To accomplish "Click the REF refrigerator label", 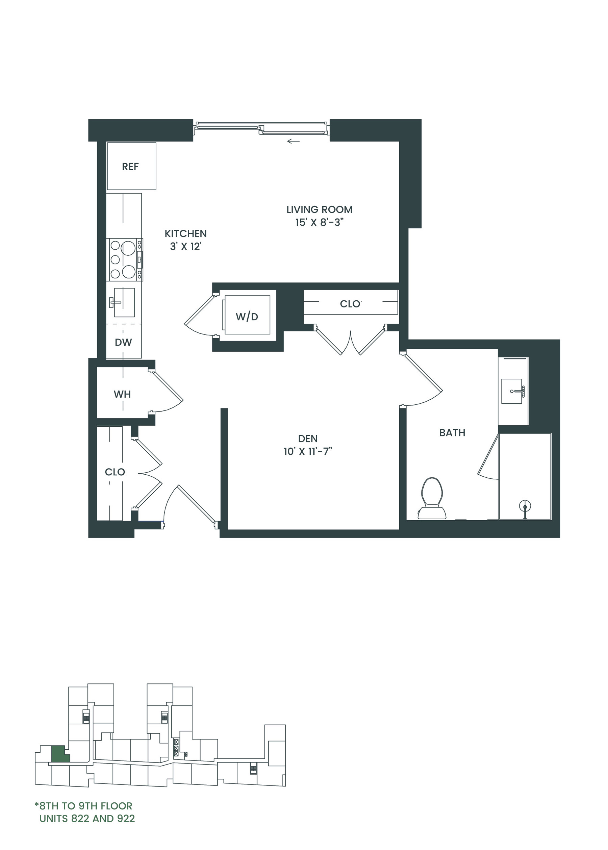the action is (130, 167).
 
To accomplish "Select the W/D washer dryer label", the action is (247, 317).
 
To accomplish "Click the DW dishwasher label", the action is (123, 342).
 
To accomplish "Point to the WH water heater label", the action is (122, 394).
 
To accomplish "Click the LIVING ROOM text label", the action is (319, 210).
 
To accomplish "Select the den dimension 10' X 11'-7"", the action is (308, 452).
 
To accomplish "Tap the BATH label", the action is (452, 433).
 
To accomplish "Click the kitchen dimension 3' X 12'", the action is (186, 246).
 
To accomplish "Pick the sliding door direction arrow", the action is (294, 141).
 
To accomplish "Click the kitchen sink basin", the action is (124, 302).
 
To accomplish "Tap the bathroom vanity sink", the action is (511, 391).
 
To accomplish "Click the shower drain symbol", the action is (525, 507).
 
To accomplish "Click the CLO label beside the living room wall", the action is (350, 304).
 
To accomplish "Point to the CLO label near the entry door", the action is (115, 472).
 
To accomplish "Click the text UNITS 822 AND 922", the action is (87, 819).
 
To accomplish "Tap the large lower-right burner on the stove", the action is (128, 272).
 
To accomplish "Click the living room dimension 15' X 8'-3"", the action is (319, 222).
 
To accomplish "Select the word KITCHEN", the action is (186, 234).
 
